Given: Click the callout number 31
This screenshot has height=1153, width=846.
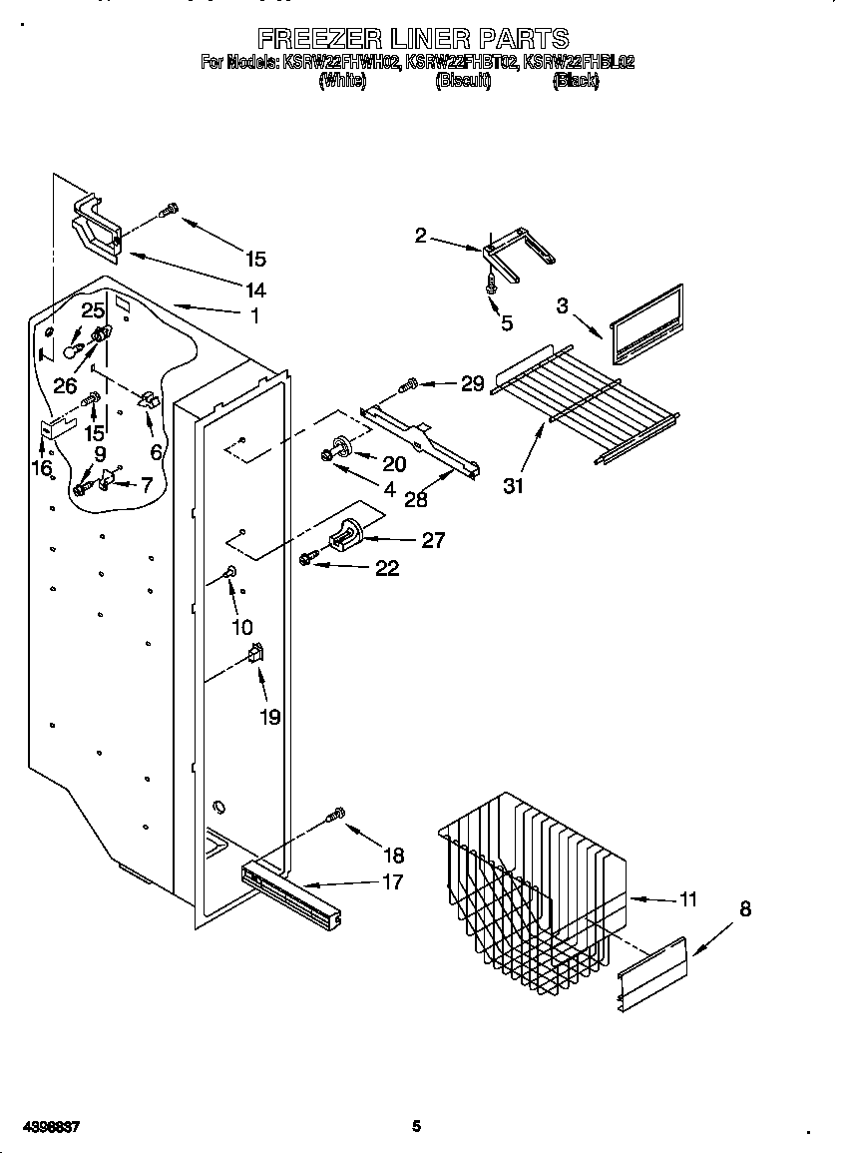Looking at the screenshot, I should (514, 486).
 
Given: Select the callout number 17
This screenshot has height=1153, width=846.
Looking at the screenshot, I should (392, 881).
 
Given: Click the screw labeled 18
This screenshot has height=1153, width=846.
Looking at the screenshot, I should (337, 815).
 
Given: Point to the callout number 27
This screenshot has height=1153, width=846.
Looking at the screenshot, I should (432, 540).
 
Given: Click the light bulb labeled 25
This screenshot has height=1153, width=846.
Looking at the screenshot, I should (71, 346).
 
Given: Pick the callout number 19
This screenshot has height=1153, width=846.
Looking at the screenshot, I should (269, 717).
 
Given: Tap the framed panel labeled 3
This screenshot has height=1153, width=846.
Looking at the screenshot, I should (645, 324).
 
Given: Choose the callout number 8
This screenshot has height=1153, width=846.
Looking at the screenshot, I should (745, 909).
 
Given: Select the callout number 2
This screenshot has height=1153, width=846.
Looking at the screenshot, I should (420, 236).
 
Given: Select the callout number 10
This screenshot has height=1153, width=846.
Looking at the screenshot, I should (241, 627).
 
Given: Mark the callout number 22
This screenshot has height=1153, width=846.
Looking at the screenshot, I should (386, 568).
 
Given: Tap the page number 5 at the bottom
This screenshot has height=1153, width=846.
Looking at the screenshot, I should (416, 1127).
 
